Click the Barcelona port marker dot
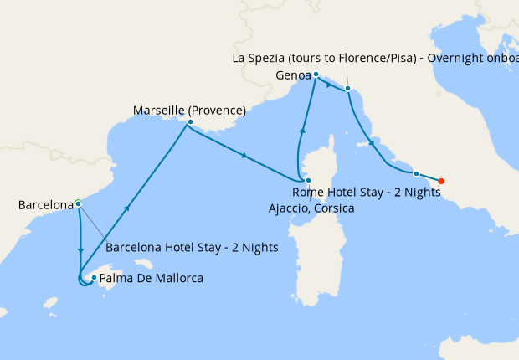(x=78, y=203)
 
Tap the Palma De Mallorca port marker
(x=94, y=278)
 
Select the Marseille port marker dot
(x=191, y=122)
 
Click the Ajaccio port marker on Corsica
(x=308, y=181)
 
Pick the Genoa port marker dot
(x=316, y=75)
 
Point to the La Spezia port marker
(x=347, y=88)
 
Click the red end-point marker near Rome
(x=441, y=181)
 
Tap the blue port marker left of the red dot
(x=416, y=173)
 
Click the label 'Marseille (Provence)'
(x=189, y=110)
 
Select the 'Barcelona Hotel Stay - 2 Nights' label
(x=192, y=248)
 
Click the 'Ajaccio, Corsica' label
(x=311, y=208)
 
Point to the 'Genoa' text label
(x=293, y=75)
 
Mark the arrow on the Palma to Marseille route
(x=126, y=209)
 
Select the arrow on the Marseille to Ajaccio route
(x=244, y=156)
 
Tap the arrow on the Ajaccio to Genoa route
(x=301, y=131)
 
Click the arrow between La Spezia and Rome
(x=371, y=143)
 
